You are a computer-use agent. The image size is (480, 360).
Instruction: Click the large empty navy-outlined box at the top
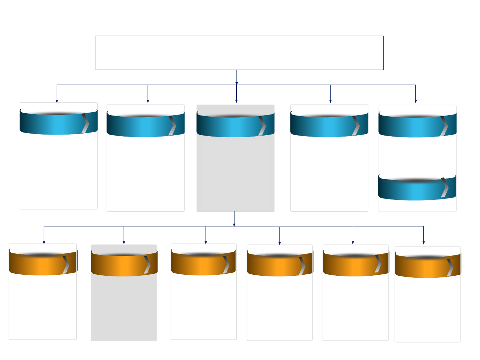point(240,53)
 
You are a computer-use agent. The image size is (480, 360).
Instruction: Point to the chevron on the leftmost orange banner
point(66,265)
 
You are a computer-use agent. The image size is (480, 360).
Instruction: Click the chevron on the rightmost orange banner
point(450,267)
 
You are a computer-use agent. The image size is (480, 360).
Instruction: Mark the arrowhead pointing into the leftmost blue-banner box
point(57,101)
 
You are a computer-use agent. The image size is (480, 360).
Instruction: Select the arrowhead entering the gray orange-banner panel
point(124,242)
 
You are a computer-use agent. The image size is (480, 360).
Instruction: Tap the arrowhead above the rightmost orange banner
point(424,243)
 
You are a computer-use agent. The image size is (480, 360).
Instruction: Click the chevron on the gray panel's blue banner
point(262,126)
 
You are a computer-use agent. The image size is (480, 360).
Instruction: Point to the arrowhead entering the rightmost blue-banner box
point(416,101)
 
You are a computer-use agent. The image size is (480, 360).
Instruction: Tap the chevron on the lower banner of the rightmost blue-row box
point(445,187)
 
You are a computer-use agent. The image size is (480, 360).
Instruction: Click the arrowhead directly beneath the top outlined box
point(237,83)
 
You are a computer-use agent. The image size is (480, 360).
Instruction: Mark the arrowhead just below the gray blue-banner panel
point(234,224)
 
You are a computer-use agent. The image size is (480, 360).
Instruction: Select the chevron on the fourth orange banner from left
point(302,266)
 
